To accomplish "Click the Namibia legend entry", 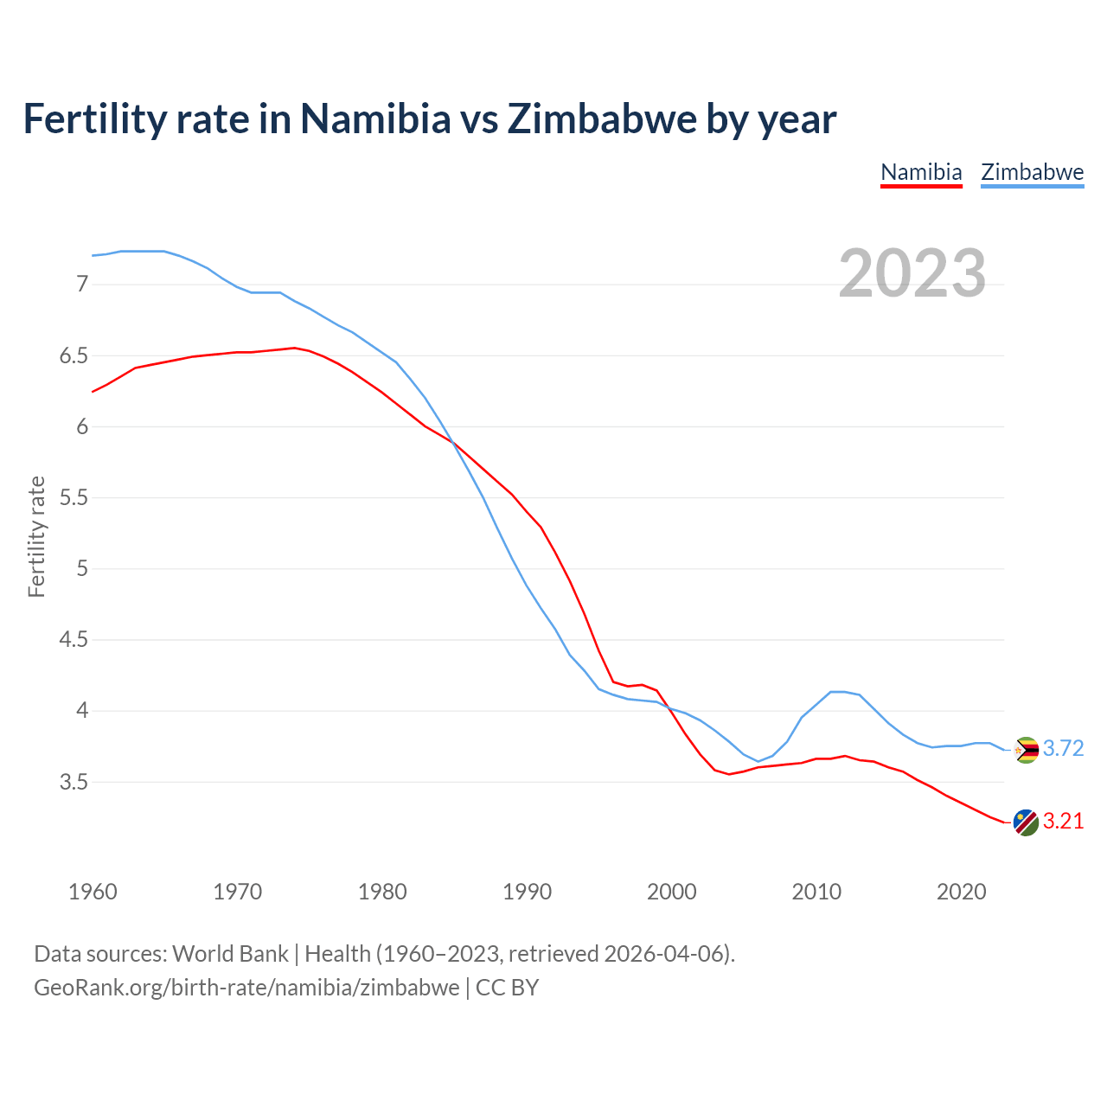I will point(921,172).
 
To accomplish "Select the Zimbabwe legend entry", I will point(1032,172).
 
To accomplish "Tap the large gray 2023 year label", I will point(912,273).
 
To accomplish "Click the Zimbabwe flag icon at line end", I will point(1026,750).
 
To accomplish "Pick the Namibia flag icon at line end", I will point(1026,822).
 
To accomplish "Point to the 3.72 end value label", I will point(1063,749).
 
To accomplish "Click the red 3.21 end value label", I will point(1063,822).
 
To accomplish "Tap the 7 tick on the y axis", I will point(82,285).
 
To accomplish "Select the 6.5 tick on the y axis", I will point(74,356).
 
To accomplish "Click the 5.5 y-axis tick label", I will point(74,498).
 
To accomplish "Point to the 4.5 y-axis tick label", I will point(74,640).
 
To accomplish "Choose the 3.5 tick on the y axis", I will point(74,783).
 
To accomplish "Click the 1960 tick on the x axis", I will point(93,892).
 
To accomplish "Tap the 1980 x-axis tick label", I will point(382,892).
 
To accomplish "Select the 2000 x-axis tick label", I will point(672,892).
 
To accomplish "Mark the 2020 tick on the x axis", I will point(961,892).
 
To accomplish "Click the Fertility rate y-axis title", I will point(36,536).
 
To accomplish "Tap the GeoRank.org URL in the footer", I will point(246,988).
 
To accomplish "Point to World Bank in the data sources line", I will point(230,954).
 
